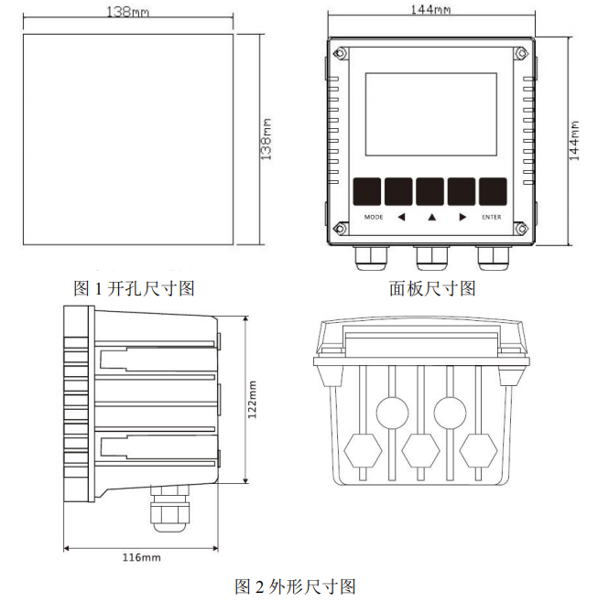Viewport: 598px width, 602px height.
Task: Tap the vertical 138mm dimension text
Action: [266, 137]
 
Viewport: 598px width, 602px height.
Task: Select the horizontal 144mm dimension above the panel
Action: [430, 11]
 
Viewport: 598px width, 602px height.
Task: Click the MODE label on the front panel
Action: [374, 218]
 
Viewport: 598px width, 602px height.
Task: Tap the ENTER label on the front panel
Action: [492, 218]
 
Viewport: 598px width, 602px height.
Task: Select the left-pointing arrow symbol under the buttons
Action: [401, 218]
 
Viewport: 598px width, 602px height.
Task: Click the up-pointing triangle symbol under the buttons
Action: [431, 218]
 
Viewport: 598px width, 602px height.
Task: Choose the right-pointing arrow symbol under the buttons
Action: [462, 218]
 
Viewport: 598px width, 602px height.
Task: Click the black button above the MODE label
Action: [367, 191]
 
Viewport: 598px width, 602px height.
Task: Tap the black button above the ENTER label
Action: [493, 191]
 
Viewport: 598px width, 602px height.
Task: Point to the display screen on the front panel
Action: [430, 114]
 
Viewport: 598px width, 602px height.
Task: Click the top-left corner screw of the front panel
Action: [340, 54]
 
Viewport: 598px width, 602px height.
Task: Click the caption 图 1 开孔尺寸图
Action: [134, 288]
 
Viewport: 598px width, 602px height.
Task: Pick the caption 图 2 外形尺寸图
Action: [295, 586]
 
